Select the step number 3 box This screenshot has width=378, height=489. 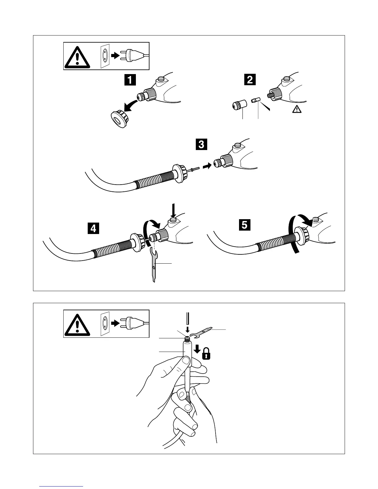click(201, 144)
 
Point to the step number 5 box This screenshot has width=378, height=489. click(244, 225)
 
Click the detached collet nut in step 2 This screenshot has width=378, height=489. click(239, 105)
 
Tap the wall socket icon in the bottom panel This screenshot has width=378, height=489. click(105, 323)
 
